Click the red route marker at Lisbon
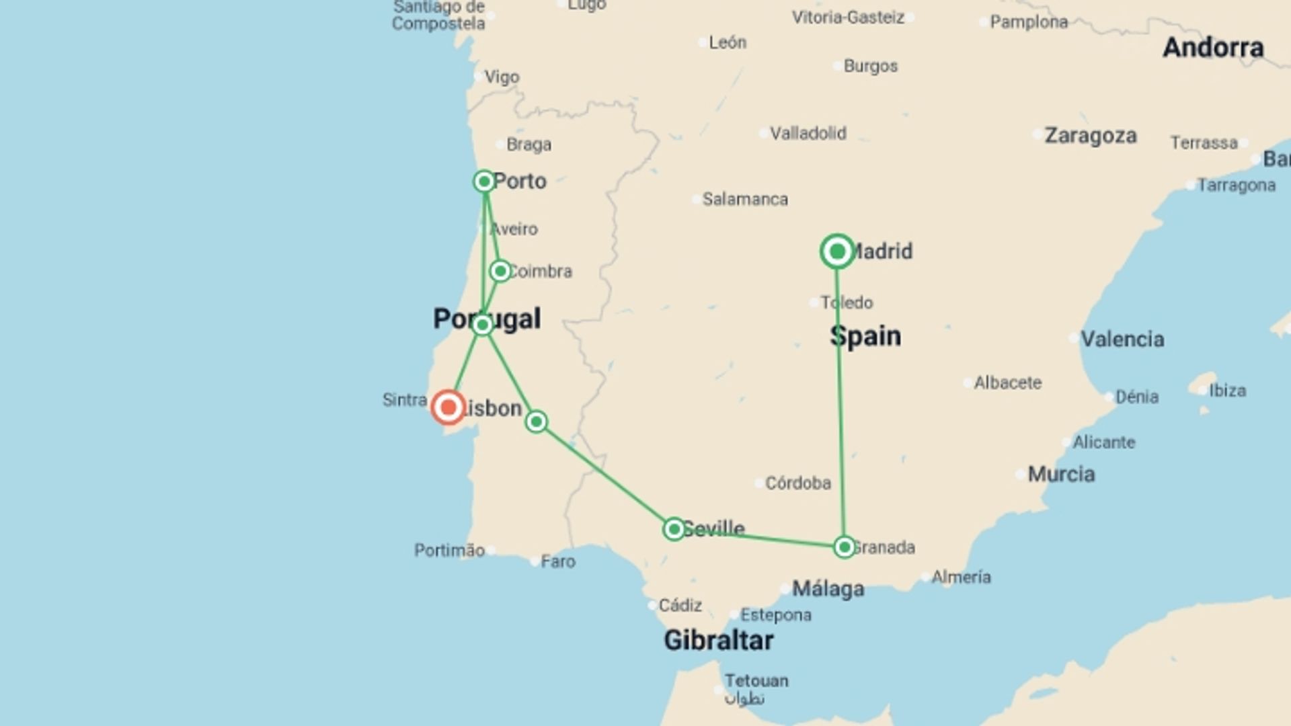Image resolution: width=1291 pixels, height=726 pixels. click(x=448, y=407)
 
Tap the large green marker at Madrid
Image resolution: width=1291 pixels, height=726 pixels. click(x=837, y=251)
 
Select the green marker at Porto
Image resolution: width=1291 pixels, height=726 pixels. click(x=484, y=182)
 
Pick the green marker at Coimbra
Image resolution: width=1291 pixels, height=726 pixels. click(x=500, y=271)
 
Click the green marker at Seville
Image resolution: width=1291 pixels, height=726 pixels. click(x=674, y=529)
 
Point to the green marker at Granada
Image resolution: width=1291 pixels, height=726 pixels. click(x=844, y=547)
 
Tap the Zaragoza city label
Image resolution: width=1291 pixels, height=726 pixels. click(x=1090, y=136)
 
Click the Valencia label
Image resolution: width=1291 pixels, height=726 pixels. click(x=1122, y=339)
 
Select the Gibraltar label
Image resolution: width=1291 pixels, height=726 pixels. click(x=718, y=640)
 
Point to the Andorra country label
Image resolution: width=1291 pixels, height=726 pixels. click(x=1213, y=48)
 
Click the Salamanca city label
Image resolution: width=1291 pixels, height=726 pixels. click(x=745, y=199)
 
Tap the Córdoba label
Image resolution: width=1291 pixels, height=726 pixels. click(x=797, y=483)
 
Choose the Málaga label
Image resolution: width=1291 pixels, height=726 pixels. click(x=828, y=589)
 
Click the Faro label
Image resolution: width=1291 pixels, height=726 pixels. click(x=557, y=561)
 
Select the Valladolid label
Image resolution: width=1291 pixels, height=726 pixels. click(x=808, y=133)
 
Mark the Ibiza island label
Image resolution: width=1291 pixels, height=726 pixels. click(x=1227, y=391)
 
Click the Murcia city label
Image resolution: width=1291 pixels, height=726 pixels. click(x=1061, y=474)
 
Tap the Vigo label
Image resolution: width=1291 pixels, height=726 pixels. click(x=502, y=77)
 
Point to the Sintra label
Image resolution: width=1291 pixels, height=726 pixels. click(x=404, y=400)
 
